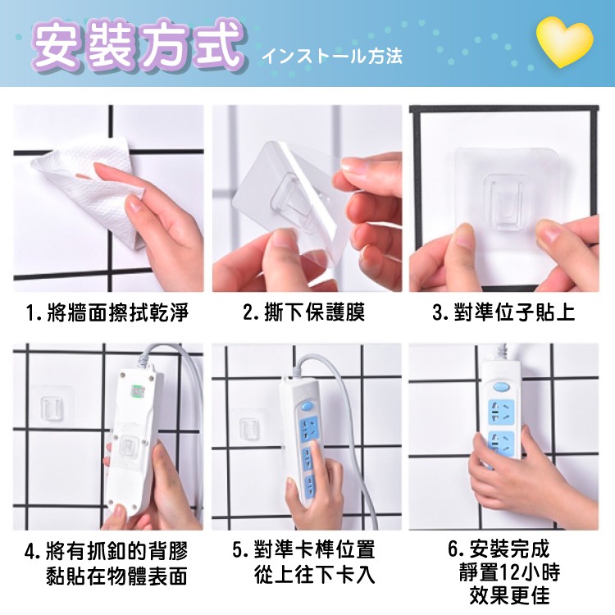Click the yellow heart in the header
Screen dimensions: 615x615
pos(564,42)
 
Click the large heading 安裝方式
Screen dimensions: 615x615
pos(137,45)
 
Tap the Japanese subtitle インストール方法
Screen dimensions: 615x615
pos(332,56)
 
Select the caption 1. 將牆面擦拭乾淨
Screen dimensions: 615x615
pos(107,313)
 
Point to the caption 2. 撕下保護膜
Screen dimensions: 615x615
pos(304,313)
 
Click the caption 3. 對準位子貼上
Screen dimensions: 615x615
pos(504,313)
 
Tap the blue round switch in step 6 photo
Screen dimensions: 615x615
pos(501,388)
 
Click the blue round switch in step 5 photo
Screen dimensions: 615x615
pos(307,407)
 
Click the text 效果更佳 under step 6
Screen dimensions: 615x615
pos(509,595)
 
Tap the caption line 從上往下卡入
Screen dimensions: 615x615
pos(315,574)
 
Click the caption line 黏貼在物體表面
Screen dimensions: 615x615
pos(117,576)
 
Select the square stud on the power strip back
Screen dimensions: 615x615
pos(129,446)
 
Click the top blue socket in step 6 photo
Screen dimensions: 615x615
pos(500,412)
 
